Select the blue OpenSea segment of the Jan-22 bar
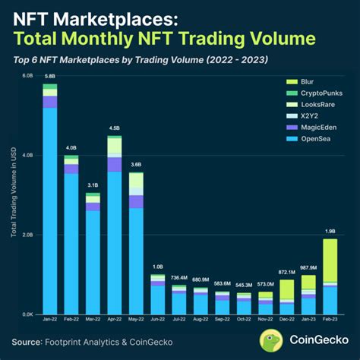50,213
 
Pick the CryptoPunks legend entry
316,94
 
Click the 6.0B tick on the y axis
27,76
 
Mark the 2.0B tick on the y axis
27,235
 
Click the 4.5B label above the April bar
115,128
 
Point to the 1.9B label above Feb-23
330,231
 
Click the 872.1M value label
287,272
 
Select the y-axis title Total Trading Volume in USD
13,194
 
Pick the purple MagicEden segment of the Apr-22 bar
115,164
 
